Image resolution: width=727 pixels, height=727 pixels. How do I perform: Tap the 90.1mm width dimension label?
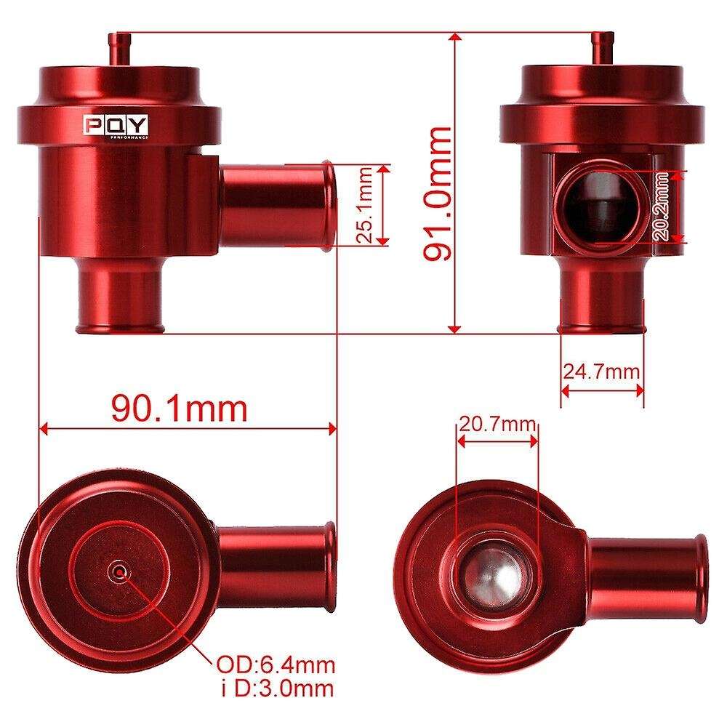click(179, 409)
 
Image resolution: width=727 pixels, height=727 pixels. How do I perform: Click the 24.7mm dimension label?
click(601, 371)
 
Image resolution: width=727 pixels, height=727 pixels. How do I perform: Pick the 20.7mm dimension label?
click(496, 423)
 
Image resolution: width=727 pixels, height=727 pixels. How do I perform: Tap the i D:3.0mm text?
click(276, 686)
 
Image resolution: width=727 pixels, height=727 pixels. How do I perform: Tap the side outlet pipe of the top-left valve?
click(277, 204)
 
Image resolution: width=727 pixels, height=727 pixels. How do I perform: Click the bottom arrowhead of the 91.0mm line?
click(455, 329)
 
